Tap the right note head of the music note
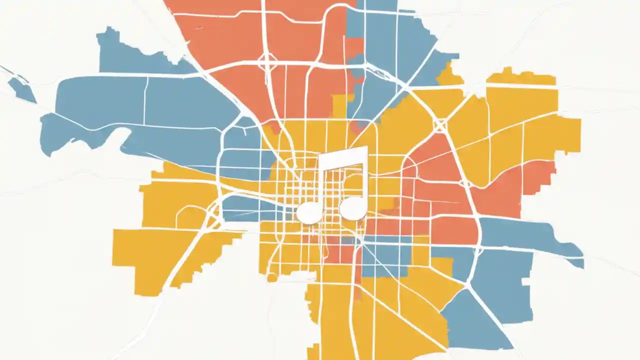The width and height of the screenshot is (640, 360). [353, 208]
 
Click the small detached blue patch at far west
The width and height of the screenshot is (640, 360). [22, 90]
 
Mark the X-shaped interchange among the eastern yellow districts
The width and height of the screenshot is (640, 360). [440, 125]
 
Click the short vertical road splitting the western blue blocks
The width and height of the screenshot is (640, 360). [145, 100]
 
